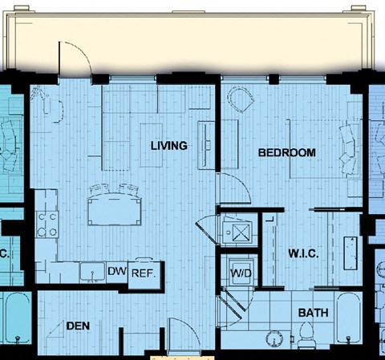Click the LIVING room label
click(169, 146)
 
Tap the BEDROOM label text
click(287, 152)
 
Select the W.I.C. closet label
click(303, 253)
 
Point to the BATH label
click(313, 313)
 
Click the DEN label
click(78, 326)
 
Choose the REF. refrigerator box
click(144, 274)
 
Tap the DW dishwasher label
click(117, 271)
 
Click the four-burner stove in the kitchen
click(47, 224)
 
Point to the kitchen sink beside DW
click(92, 272)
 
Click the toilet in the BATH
click(307, 335)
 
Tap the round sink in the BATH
click(274, 339)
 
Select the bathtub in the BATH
click(348, 318)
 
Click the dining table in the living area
click(115, 208)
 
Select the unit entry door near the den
click(184, 334)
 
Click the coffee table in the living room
click(152, 145)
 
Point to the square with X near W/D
click(242, 233)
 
